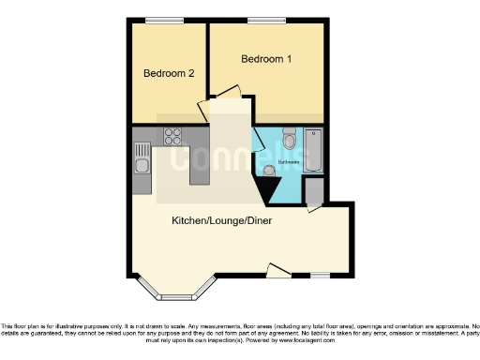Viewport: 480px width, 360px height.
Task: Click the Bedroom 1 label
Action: (266, 60)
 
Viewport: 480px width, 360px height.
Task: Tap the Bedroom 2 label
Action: (169, 72)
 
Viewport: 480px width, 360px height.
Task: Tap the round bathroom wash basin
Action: (270, 171)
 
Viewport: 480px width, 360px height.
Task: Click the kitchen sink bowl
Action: (142, 168)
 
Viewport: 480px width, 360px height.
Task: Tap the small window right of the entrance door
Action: (320, 275)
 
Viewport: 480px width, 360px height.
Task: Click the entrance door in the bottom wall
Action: (278, 272)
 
